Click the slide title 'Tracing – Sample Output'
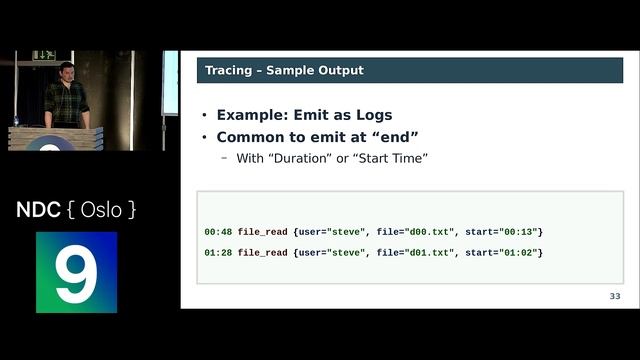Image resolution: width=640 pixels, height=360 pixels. (x=284, y=70)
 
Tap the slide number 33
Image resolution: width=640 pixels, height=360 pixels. (x=615, y=297)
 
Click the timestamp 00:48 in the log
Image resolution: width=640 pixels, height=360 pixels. (x=218, y=232)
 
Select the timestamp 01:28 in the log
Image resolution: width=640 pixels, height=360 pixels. (x=218, y=253)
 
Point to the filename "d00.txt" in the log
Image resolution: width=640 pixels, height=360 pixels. (x=428, y=232)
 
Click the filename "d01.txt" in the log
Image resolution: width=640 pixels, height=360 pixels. (x=428, y=253)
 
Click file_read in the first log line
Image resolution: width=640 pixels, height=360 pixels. (x=263, y=232)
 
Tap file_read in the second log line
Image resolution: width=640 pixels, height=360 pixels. (x=263, y=253)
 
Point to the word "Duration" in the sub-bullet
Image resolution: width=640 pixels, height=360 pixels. (x=304, y=159)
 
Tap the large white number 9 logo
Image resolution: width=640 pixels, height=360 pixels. (x=76, y=273)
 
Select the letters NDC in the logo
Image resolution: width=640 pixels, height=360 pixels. (x=38, y=210)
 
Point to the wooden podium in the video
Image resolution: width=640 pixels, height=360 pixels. (x=55, y=138)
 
